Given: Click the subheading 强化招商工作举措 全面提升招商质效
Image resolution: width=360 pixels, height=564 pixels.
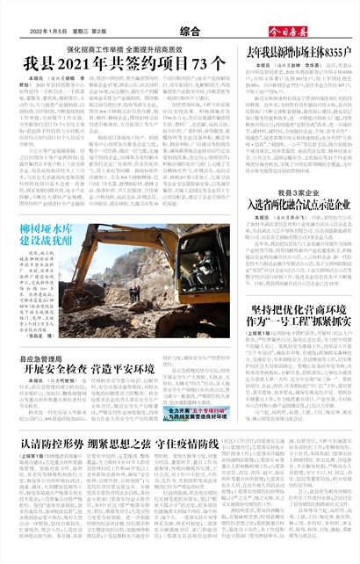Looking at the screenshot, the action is [x=122, y=48].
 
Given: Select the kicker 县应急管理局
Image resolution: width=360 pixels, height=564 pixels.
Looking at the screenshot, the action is [x=42, y=360].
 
